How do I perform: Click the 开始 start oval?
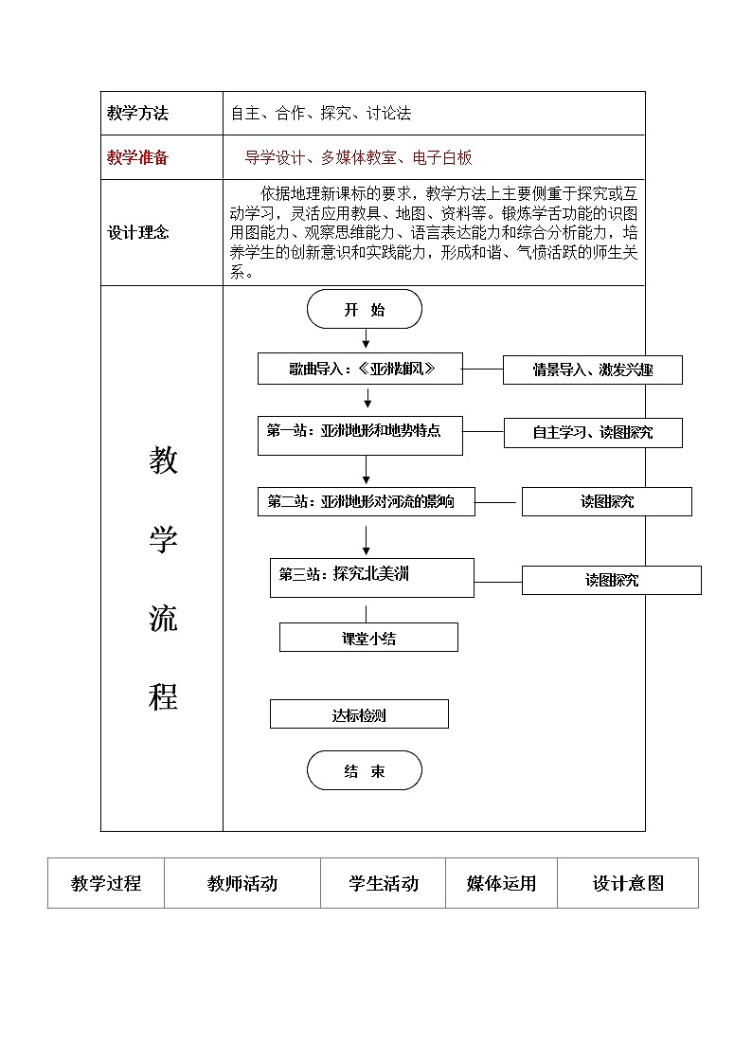(365, 310)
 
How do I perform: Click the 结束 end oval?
(365, 771)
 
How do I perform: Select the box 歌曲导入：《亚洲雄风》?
(360, 370)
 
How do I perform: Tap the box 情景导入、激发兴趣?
(593, 370)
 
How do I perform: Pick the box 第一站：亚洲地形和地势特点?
(360, 436)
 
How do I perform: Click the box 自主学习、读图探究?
(593, 433)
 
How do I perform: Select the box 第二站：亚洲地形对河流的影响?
(366, 502)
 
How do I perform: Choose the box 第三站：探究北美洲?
(371, 577)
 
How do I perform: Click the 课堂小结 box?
(368, 638)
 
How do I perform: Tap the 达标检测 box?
(359, 715)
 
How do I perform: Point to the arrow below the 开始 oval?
(366, 339)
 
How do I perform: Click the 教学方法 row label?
(137, 114)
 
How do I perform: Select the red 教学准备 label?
(137, 158)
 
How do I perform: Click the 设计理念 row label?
(138, 233)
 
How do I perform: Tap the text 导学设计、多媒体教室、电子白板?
(358, 158)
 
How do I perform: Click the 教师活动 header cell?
(242, 883)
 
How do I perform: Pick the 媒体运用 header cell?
(501, 883)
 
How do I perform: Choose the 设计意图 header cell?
(628, 883)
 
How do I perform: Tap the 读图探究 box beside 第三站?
(611, 580)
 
